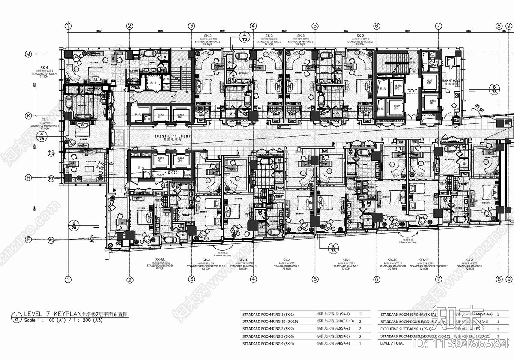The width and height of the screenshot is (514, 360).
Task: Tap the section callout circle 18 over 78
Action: point(333,248)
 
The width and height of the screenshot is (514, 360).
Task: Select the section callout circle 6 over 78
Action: point(74,225)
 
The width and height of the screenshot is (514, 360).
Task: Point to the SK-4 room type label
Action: point(44,68)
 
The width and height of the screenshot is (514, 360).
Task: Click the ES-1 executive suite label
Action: point(44,120)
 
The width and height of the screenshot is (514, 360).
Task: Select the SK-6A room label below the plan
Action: point(160,260)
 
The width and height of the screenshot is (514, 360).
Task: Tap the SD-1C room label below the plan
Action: point(424,260)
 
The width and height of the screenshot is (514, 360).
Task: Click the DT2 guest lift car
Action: point(182,115)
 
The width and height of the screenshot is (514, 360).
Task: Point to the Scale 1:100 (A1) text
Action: point(47,320)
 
